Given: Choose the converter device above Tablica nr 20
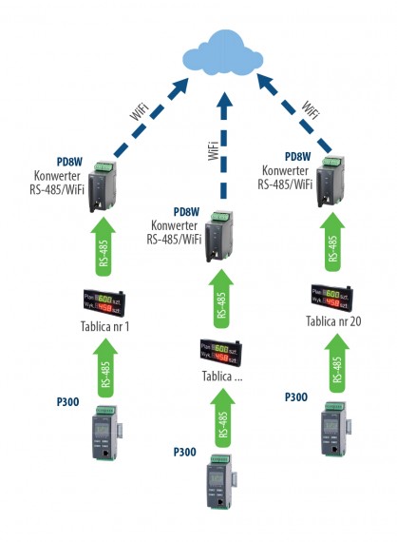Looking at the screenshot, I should pos(334,179).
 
